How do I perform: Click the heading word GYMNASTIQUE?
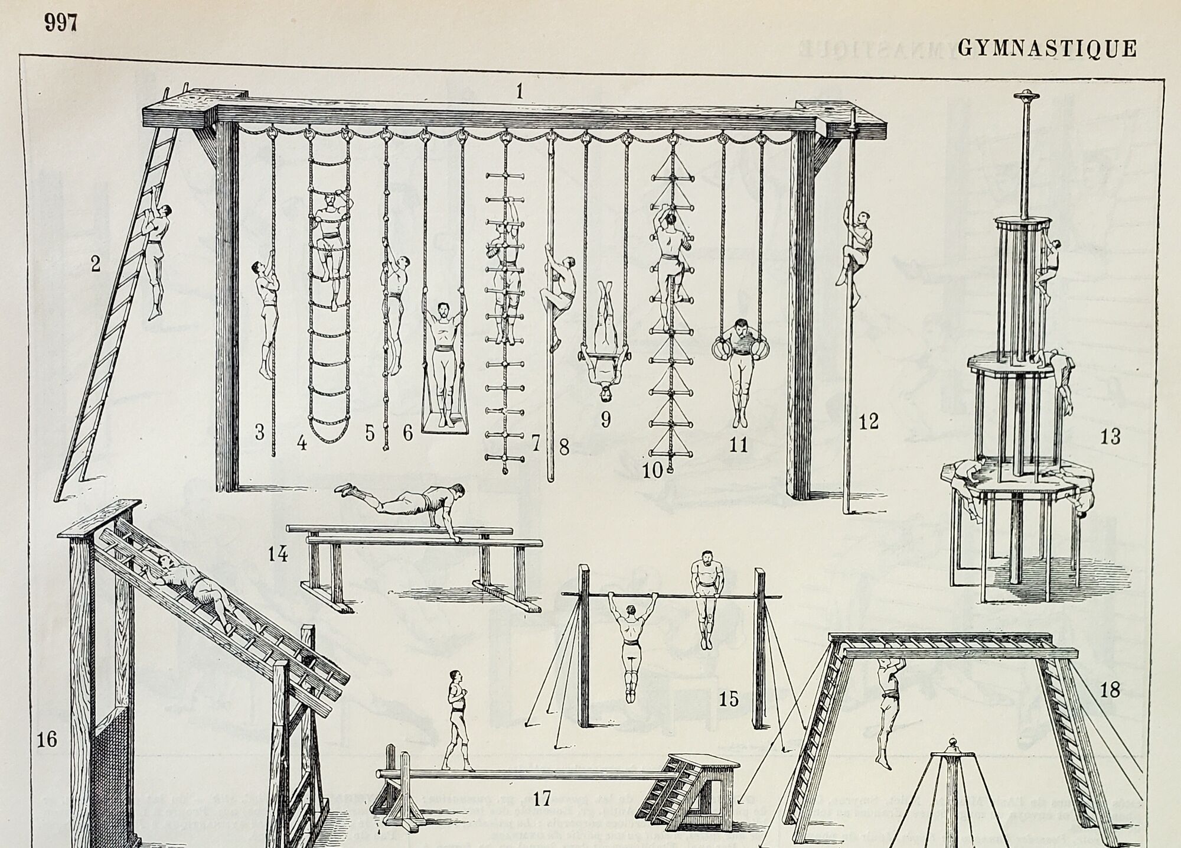tap(1048, 48)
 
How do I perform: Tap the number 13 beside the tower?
tap(1110, 437)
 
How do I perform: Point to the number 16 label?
tap(47, 739)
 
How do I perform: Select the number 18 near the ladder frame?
tap(1110, 690)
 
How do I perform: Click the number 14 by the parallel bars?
tap(278, 555)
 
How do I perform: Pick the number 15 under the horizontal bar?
tap(729, 700)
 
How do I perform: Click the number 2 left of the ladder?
tap(95, 264)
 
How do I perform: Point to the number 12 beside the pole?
tap(869, 421)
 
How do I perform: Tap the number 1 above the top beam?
tap(520, 92)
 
